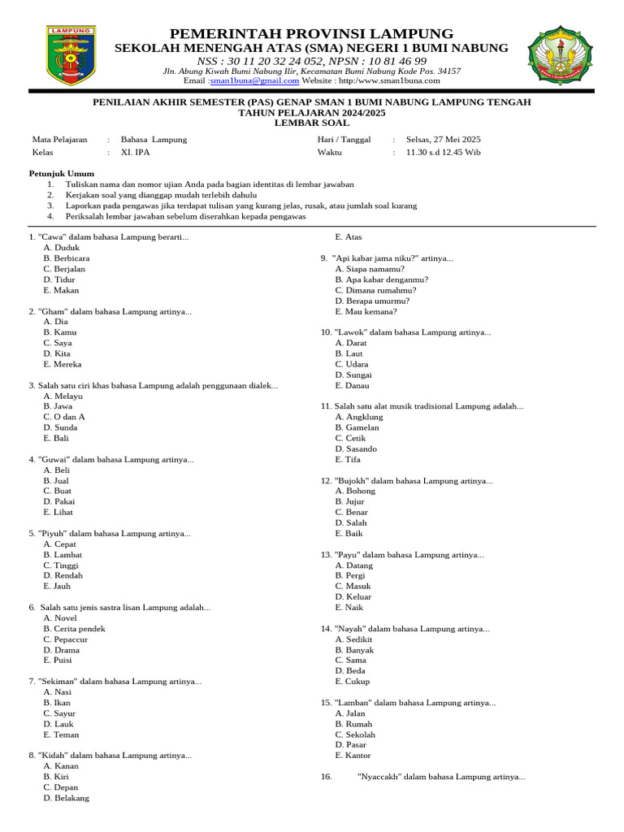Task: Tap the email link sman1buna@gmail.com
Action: [254, 81]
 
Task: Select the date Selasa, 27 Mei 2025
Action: [443, 140]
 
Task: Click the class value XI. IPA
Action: [135, 152]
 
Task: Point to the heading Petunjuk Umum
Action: [62, 173]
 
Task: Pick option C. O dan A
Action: [64, 417]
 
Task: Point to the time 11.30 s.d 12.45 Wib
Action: [443, 152]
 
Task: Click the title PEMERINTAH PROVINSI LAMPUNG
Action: [312, 33]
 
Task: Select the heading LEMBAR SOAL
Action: [312, 123]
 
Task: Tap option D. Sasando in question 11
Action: [356, 448]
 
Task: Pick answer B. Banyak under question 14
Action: [354, 650]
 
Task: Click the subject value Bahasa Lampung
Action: [154, 140]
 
